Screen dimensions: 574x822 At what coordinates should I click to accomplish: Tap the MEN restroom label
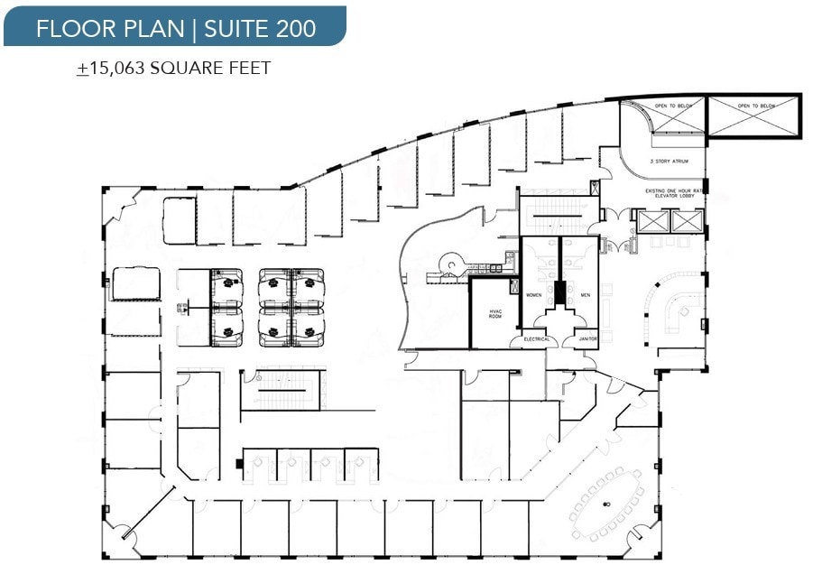coord(585,295)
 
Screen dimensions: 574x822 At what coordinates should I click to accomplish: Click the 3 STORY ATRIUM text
coord(669,161)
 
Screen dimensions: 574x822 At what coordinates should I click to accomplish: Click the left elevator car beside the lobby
coord(652,220)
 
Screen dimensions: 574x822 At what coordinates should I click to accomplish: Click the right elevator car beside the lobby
coord(686,220)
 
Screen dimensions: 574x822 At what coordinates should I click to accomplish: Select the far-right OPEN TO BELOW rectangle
coord(754,116)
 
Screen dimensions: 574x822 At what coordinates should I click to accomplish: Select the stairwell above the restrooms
coord(557,215)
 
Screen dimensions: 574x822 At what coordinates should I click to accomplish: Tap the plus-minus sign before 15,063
coord(83,69)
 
